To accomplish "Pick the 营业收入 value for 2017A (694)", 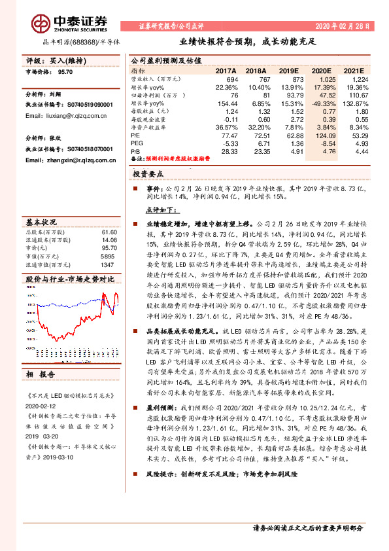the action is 230,79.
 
